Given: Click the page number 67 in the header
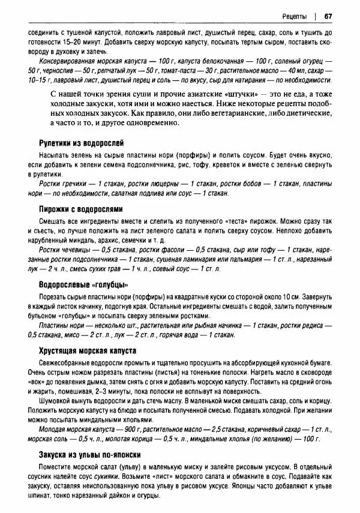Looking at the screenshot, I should coord(329,16).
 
